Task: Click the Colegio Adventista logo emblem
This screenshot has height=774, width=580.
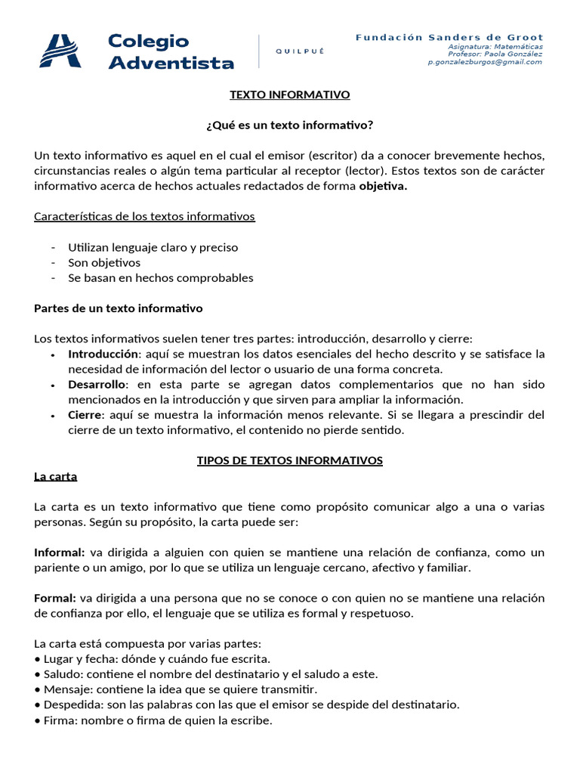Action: (x=60, y=51)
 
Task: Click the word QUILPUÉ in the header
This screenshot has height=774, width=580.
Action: (x=300, y=51)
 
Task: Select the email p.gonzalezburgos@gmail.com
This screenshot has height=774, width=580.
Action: (x=485, y=62)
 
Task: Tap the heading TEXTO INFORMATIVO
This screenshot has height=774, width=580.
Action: (x=290, y=95)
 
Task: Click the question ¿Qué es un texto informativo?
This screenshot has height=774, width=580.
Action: (x=290, y=125)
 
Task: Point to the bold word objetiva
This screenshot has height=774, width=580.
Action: (x=383, y=187)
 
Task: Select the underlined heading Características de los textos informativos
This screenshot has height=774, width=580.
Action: (x=145, y=217)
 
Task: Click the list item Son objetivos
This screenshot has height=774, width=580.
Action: (x=104, y=263)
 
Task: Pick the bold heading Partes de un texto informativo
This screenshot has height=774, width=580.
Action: (x=119, y=308)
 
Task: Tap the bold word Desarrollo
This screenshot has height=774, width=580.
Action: (x=97, y=384)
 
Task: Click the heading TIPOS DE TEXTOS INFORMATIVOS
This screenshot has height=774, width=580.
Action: (x=290, y=460)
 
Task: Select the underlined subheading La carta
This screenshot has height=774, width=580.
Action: (x=56, y=476)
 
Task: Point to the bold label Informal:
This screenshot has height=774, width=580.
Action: (x=60, y=553)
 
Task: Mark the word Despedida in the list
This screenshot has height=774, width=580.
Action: (x=70, y=704)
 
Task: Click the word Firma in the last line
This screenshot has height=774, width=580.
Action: (x=57, y=720)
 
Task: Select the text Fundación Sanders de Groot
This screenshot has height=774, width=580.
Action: (x=449, y=37)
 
